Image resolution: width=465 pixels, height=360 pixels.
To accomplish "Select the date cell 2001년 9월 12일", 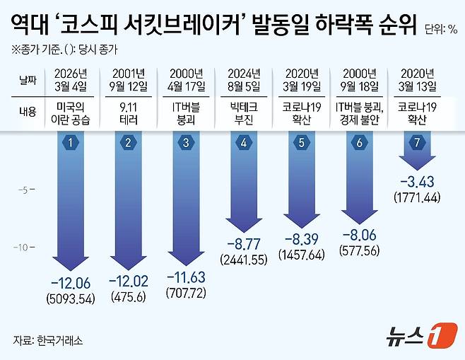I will point(128,79).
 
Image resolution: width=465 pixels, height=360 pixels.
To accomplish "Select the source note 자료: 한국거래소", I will point(48,340).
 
